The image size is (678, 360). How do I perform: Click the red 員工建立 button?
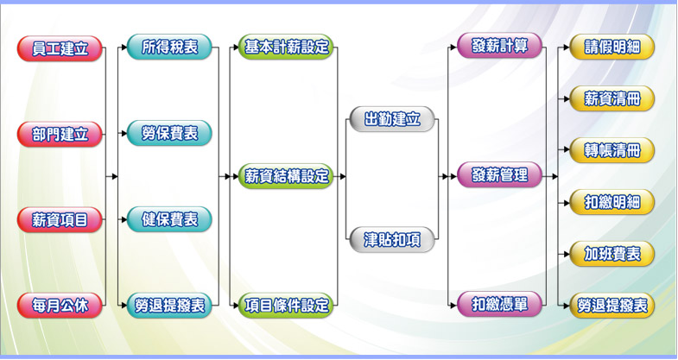[x=60, y=48]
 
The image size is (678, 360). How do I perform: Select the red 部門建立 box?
[x=60, y=135]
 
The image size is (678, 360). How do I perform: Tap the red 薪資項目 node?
[x=60, y=220]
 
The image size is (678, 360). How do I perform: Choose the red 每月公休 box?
[x=60, y=305]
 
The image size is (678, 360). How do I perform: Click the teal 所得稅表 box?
[x=169, y=47]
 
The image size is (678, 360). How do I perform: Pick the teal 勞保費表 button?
[x=169, y=134]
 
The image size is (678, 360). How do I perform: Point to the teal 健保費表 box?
[x=169, y=219]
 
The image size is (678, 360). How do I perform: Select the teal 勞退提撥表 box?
[x=169, y=305]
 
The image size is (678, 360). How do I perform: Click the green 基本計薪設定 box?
[x=286, y=47]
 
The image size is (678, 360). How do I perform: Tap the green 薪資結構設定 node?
[x=286, y=176]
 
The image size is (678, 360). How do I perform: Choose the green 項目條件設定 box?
[x=286, y=305]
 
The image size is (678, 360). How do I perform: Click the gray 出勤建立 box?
[x=392, y=120]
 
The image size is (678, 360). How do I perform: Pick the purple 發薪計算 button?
[x=500, y=47]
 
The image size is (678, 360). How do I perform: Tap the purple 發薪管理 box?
[x=500, y=175]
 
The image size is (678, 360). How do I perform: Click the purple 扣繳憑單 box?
[x=500, y=304]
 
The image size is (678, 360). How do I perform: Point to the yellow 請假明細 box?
[x=612, y=47]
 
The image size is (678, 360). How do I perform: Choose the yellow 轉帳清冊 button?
[x=612, y=150]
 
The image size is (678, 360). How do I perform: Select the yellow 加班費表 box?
[x=612, y=254]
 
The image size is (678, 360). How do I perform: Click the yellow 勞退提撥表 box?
[x=612, y=305]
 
